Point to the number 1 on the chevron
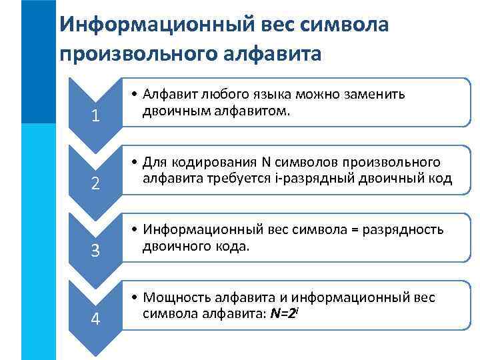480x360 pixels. (95, 116)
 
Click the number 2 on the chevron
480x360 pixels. (95, 184)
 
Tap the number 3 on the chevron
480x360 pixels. (95, 251)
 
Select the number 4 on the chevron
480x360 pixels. (95, 319)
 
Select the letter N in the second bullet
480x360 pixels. (265, 162)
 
